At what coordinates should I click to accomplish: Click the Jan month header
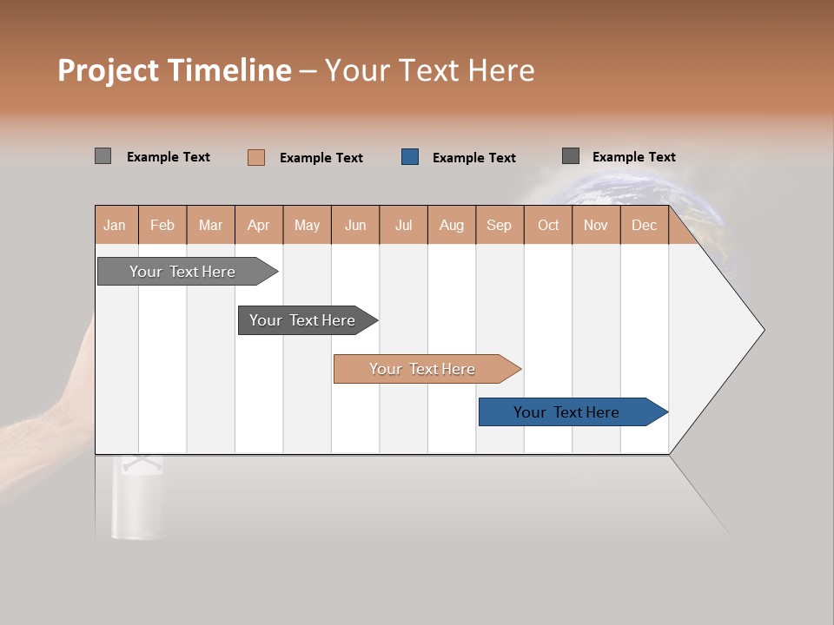[x=116, y=225]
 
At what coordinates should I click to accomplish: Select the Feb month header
[x=162, y=225]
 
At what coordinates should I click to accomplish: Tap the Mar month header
[x=210, y=225]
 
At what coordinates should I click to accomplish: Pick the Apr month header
[x=259, y=225]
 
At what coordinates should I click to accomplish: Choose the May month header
[x=307, y=225]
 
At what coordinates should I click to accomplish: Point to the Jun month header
[x=355, y=225]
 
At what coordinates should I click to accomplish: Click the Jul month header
[x=403, y=225]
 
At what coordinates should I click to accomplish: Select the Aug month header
[x=452, y=225]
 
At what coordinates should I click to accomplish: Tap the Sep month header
[x=500, y=225]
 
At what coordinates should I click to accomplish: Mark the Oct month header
[x=548, y=225]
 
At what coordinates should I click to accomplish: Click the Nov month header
[x=596, y=225]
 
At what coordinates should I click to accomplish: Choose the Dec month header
[x=645, y=225]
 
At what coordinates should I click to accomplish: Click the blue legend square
[x=410, y=157]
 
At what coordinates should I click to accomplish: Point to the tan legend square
[x=256, y=157]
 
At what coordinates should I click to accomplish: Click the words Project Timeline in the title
[x=175, y=70]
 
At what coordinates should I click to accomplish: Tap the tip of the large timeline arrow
[x=762, y=329]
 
